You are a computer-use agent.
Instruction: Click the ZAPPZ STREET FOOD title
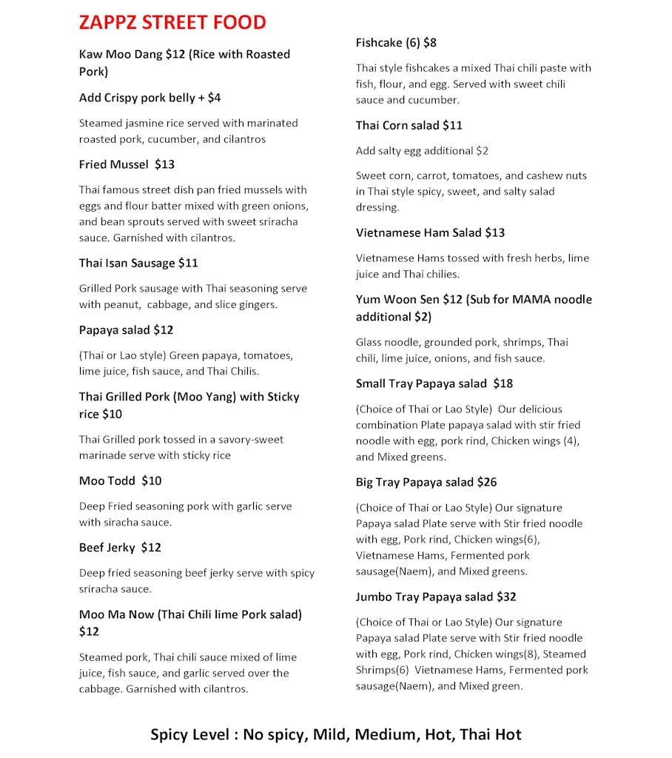click(172, 22)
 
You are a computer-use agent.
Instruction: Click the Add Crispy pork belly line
click(149, 98)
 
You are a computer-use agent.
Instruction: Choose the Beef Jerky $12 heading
click(120, 547)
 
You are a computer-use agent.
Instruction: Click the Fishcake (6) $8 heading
click(396, 43)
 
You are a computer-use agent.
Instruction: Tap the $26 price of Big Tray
click(487, 482)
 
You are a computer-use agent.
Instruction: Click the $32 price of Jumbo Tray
click(506, 597)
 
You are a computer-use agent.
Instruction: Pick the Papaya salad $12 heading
click(126, 329)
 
